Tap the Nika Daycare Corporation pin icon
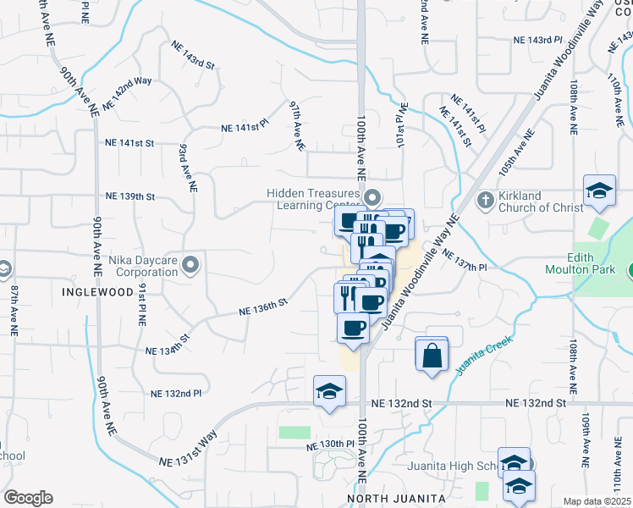(x=190, y=265)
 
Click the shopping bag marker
(x=432, y=355)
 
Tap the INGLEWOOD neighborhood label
(x=98, y=291)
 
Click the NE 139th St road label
(x=130, y=196)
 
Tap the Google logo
(x=28, y=498)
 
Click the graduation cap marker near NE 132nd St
(x=329, y=391)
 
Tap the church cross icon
(x=486, y=200)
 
